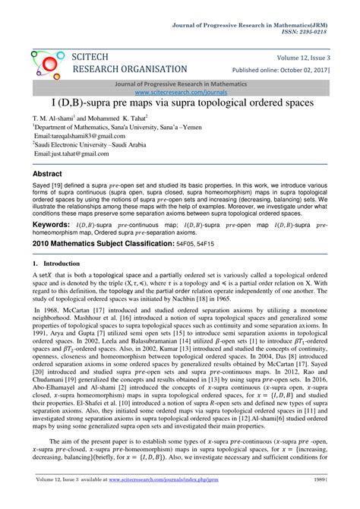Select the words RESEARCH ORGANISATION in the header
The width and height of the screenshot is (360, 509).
(128, 69)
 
